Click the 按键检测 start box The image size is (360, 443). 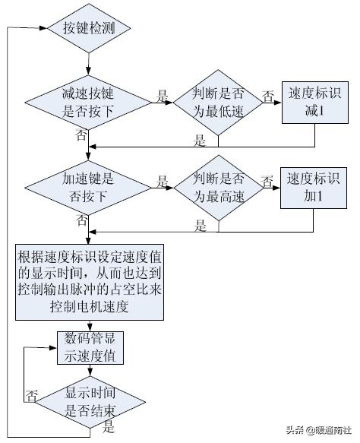89,28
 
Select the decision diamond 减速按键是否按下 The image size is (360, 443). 89,103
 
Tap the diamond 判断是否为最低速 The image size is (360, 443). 217,103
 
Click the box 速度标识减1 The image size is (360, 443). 315,103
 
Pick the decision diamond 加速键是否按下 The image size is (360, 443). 89,187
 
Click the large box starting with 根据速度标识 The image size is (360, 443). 89,280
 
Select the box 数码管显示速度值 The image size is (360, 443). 89,346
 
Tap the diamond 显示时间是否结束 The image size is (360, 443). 89,400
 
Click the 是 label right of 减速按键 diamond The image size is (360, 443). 162,96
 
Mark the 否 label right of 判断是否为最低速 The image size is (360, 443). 268,96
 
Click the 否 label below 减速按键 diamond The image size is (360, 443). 81,135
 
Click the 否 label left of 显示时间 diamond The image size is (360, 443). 32,395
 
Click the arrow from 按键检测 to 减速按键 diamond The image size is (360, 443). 89,64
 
